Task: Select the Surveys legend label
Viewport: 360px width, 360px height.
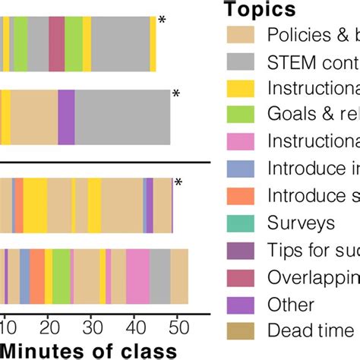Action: point(301,223)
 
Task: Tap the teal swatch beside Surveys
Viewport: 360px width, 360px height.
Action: point(242,223)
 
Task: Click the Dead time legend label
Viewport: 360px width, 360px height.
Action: point(310,330)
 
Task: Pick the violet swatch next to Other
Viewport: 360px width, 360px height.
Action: point(242,304)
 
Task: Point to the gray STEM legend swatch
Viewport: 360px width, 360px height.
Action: point(242,62)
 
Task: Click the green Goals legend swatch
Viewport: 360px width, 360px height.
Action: point(242,115)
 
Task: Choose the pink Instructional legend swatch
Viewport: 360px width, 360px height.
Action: point(242,142)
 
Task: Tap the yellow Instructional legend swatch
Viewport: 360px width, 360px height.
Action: point(242,88)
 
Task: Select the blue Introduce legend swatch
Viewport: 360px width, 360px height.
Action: point(242,169)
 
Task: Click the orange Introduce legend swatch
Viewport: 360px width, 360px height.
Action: point(242,196)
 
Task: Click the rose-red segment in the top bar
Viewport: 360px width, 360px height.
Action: point(56,36)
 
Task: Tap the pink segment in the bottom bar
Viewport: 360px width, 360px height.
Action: point(137,269)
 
